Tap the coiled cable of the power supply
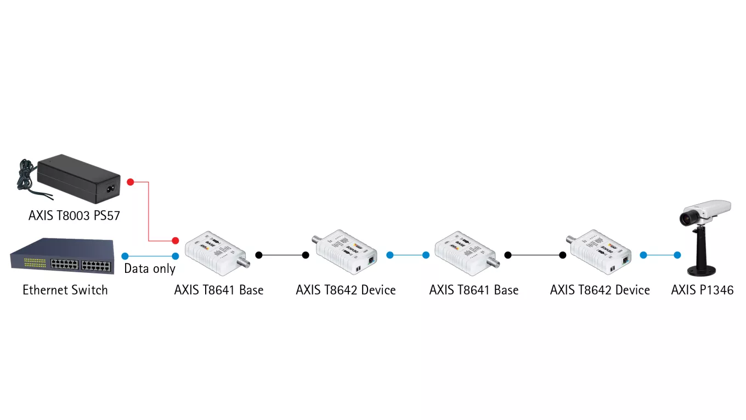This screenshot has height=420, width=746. click(x=26, y=175)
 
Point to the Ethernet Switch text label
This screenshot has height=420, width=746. click(x=65, y=290)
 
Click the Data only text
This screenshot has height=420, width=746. click(x=149, y=268)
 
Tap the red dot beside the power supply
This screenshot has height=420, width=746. click(x=131, y=182)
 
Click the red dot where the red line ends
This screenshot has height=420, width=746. click(x=176, y=240)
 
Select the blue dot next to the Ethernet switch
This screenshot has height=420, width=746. click(x=125, y=256)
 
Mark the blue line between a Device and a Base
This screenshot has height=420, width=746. click(x=408, y=255)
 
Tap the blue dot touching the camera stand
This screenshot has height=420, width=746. click(x=677, y=255)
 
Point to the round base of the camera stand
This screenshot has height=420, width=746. click(x=702, y=271)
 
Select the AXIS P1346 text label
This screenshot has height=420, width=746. click(x=702, y=290)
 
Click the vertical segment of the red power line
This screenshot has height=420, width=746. click(x=149, y=211)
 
